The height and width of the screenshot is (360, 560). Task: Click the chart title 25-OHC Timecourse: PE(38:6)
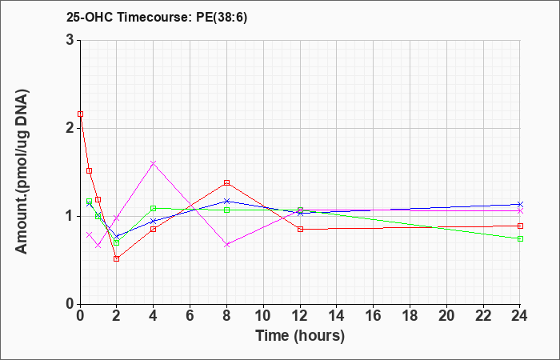pyautogui.click(x=157, y=18)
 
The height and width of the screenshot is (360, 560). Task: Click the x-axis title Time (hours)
pyautogui.click(x=300, y=336)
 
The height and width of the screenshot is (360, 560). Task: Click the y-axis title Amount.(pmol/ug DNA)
pyautogui.click(x=22, y=172)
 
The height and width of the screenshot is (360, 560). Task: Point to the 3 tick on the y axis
pyautogui.click(x=70, y=40)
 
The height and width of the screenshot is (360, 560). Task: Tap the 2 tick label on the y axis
pyautogui.click(x=70, y=128)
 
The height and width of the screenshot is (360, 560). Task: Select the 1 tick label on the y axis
pyautogui.click(x=70, y=216)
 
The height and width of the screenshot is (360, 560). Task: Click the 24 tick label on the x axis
pyautogui.click(x=520, y=315)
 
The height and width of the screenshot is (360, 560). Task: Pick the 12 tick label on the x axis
pyautogui.click(x=300, y=315)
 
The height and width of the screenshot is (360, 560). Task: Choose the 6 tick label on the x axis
pyautogui.click(x=190, y=315)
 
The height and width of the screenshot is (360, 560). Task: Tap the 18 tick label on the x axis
pyautogui.click(x=410, y=315)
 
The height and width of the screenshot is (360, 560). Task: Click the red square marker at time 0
pyautogui.click(x=80, y=114)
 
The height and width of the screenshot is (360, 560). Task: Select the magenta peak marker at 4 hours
pyautogui.click(x=154, y=163)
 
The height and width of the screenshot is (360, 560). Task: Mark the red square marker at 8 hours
pyautogui.click(x=226, y=183)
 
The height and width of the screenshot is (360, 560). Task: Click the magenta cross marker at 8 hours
pyautogui.click(x=226, y=245)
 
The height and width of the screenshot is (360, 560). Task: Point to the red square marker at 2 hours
pyautogui.click(x=117, y=258)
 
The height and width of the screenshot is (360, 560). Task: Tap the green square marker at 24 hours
pyautogui.click(x=520, y=238)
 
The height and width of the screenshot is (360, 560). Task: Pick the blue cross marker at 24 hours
pyautogui.click(x=520, y=204)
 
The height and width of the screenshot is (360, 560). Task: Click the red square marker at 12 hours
pyautogui.click(x=300, y=229)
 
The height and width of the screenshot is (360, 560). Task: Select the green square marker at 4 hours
pyautogui.click(x=154, y=208)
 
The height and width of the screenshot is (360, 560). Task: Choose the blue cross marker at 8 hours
pyautogui.click(x=226, y=201)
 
